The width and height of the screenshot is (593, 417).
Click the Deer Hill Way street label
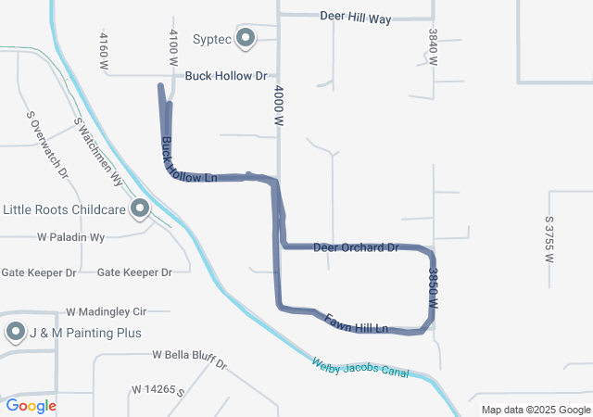pyautogui.click(x=356, y=17)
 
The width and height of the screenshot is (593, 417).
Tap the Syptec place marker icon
pyautogui.click(x=246, y=38)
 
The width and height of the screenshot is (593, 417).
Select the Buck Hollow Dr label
pyautogui.click(x=225, y=76)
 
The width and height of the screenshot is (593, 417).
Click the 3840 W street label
pyautogui.click(x=433, y=44)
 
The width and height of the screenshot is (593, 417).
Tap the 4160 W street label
pyautogui.click(x=104, y=47)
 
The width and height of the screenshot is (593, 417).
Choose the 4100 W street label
pyautogui.click(x=172, y=46)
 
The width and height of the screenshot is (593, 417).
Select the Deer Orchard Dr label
pyautogui.click(x=356, y=247)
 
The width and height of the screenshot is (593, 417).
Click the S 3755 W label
pyautogui.click(x=549, y=239)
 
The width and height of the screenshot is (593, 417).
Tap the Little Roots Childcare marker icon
pyautogui.click(x=141, y=208)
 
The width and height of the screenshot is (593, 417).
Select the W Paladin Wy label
pyautogui.click(x=71, y=238)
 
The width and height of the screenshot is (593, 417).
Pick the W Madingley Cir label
pyautogui.click(x=107, y=312)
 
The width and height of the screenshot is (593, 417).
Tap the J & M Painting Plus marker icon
pyautogui.click(x=16, y=332)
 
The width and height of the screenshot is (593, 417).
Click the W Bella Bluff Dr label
pyautogui.click(x=190, y=358)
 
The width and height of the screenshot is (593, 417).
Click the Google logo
pyautogui.click(x=32, y=405)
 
